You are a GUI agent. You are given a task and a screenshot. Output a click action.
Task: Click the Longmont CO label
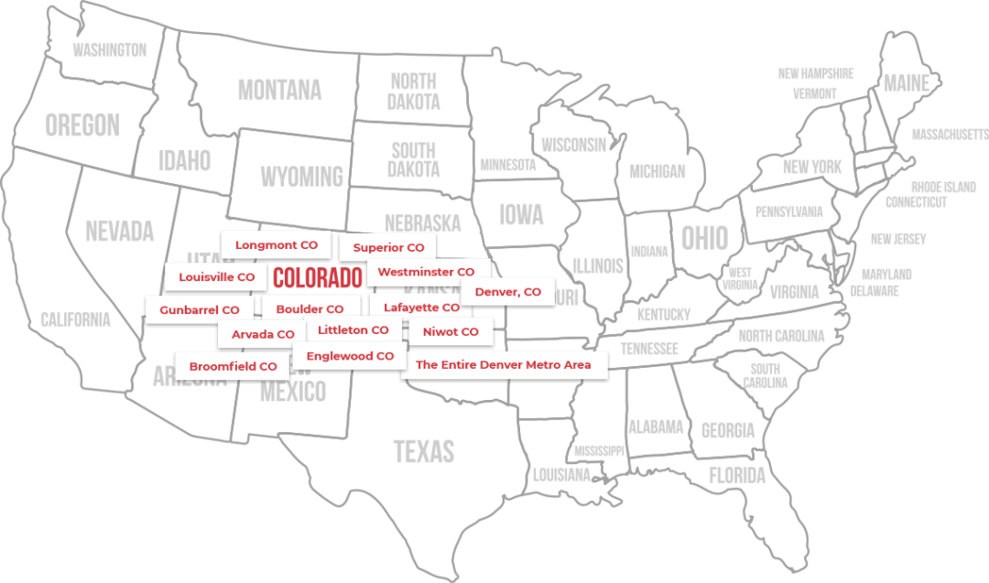coord(276,245)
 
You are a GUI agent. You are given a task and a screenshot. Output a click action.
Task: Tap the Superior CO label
coord(388,248)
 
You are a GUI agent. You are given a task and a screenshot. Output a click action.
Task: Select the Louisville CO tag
coord(217,277)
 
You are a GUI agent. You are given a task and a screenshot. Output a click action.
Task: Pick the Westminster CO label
coord(426,272)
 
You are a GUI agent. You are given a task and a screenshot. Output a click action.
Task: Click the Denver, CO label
coord(507,292)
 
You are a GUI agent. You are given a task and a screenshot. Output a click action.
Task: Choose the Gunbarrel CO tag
coord(199,310)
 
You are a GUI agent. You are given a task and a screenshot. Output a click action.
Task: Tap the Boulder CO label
coord(310,309)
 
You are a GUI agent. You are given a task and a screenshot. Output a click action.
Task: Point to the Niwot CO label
coord(451,331)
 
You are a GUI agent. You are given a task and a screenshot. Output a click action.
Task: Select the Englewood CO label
coord(350,356)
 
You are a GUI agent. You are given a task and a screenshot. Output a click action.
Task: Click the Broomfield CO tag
coord(233,366)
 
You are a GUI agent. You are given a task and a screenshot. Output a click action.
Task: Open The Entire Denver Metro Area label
coord(503,364)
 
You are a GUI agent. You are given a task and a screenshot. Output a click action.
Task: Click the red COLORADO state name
coord(318,276)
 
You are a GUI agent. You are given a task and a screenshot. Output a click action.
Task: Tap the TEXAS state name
coord(423,451)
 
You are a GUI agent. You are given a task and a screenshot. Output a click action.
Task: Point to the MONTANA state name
coord(279,90)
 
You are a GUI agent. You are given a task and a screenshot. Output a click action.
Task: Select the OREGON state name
coord(82,124)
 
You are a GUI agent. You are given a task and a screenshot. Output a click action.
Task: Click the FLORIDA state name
coord(737,475)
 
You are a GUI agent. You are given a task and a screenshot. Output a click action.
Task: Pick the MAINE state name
coord(906,83)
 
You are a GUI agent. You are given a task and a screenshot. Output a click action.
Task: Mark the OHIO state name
coord(704,238)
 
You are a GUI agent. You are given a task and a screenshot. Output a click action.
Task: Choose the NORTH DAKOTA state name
coord(413,92)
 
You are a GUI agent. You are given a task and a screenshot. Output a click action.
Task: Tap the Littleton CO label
coord(353,329)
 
